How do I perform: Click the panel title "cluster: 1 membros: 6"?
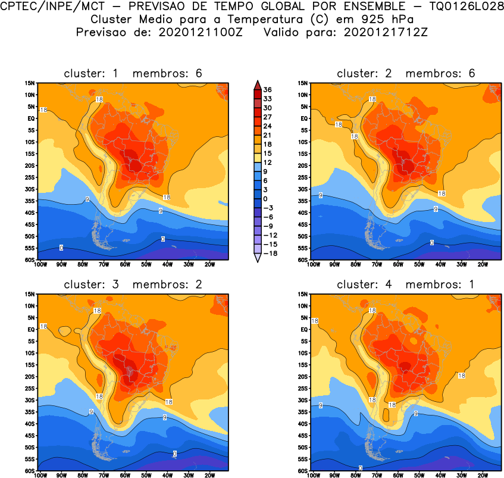point(133,73)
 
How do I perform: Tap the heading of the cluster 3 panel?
point(133,285)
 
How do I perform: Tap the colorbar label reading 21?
point(268,135)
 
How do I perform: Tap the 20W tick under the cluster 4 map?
point(483,475)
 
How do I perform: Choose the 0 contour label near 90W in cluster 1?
point(61,248)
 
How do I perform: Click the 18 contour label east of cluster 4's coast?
point(461,376)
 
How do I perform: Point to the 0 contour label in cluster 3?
point(175,454)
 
